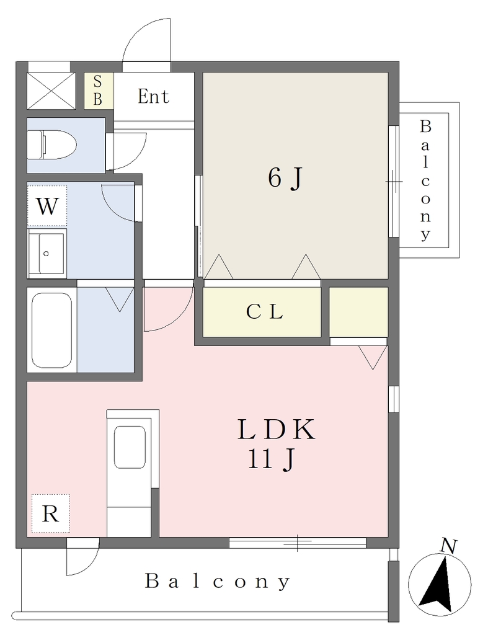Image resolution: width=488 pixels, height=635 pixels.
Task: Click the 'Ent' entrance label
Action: click(153, 96)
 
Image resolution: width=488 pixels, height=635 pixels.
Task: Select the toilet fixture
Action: click(51, 145)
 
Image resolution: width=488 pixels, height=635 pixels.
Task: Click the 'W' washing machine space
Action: click(47, 206)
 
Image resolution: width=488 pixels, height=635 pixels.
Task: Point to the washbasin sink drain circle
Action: click(46, 254)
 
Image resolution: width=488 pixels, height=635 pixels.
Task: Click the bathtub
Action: click(52, 330)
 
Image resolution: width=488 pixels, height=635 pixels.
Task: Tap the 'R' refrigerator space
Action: click(50, 513)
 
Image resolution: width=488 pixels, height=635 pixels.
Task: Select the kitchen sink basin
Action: click(130, 447)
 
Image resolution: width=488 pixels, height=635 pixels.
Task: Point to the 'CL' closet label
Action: click(264, 312)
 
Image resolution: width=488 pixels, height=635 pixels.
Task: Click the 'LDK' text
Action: click(276, 430)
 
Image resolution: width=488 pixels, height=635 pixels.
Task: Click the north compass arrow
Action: click(439, 585)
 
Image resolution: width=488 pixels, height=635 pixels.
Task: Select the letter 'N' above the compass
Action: click(449, 546)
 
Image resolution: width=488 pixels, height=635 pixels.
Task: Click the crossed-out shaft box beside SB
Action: click(51, 91)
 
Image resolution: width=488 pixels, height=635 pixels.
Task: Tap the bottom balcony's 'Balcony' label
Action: click(218, 582)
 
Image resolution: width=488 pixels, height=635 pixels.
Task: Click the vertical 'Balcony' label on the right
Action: click(425, 180)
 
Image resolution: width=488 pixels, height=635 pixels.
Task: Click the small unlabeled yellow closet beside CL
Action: click(358, 312)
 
